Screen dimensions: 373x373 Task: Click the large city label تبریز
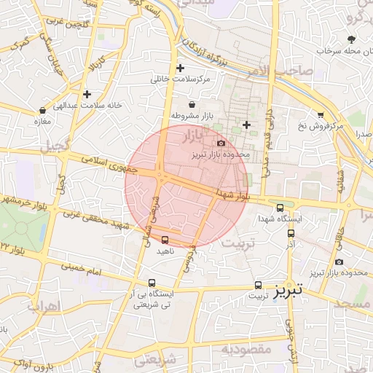tap(288, 291)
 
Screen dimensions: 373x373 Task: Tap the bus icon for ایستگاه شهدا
tap(280, 207)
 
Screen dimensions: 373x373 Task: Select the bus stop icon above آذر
tap(291, 234)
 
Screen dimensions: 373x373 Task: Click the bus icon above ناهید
tap(165, 240)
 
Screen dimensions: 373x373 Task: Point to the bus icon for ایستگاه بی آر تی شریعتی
tap(152, 283)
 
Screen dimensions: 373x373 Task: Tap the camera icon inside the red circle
tap(221, 144)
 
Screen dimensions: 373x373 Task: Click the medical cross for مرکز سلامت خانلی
tap(180, 68)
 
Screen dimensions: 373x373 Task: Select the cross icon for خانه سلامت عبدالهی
tap(87, 94)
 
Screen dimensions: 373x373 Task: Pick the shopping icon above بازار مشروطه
tap(192, 105)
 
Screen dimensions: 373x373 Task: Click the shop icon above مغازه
tap(42, 110)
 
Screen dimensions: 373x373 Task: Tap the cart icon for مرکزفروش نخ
tap(321, 115)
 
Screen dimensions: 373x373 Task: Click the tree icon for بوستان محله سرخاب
tap(352, 40)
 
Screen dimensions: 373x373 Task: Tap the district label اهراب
tap(43, 306)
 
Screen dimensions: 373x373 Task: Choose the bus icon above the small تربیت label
tap(258, 285)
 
